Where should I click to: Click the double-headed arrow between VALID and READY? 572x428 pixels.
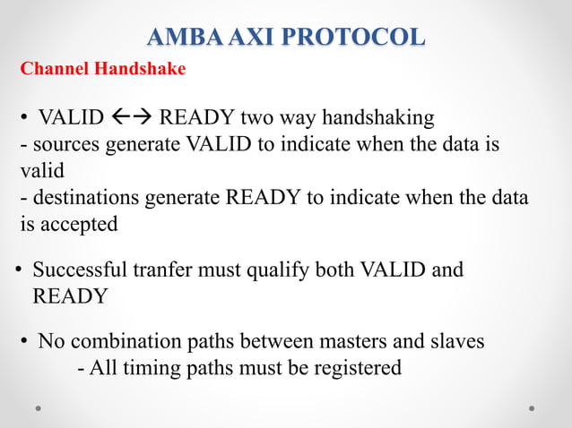pyautogui.click(x=133, y=117)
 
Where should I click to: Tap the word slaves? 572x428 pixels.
pyautogui.click(x=459, y=341)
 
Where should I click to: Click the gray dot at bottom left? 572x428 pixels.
pyautogui.click(x=39, y=407)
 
